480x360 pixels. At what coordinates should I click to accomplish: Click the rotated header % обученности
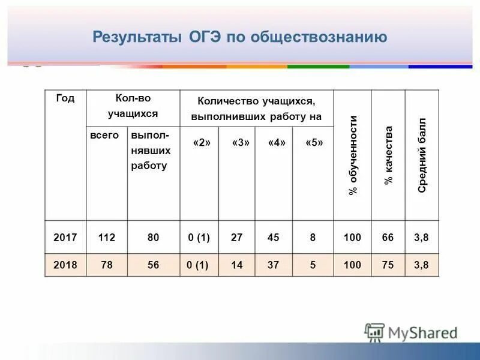tap(353, 155)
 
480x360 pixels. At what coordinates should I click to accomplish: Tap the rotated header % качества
tap(388, 155)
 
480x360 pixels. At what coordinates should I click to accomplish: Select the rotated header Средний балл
tap(422, 155)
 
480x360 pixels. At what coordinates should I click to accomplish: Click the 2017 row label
tap(65, 238)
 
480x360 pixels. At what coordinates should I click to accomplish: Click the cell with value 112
tap(107, 238)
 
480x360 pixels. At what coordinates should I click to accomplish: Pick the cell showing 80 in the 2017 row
tap(154, 238)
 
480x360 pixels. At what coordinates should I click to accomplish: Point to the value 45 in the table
tap(274, 238)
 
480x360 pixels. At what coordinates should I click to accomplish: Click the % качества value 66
tap(388, 238)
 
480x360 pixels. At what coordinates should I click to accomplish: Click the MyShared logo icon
tap(374, 332)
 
